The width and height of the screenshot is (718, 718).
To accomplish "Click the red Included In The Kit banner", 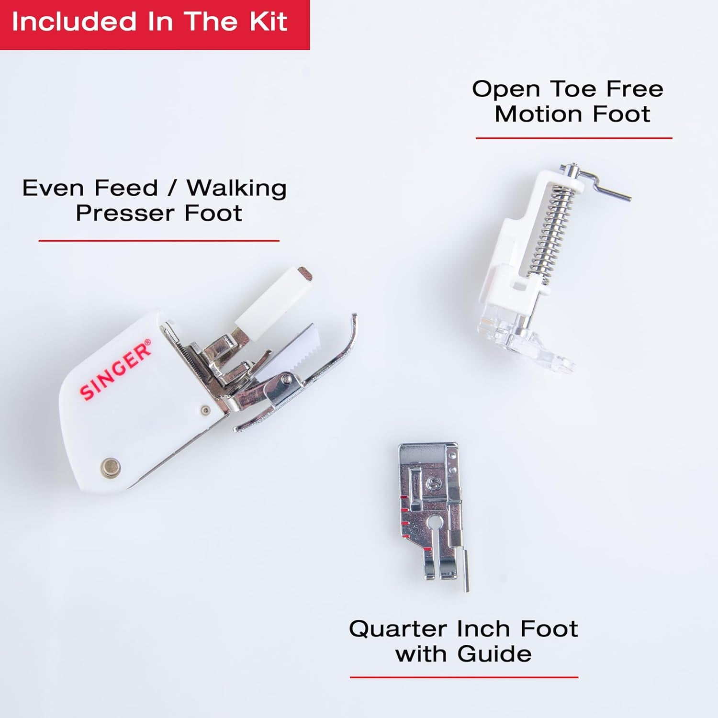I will click(154, 24).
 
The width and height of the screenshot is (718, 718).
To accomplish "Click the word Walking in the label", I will click(236, 188).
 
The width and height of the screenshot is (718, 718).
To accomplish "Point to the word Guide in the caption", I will click(494, 654).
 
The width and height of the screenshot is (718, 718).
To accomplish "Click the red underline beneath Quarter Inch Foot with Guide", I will click(463, 677).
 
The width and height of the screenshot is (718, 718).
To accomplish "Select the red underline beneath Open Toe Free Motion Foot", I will click(573, 138).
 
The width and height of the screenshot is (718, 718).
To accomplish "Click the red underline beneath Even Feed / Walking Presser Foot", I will click(158, 240).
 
